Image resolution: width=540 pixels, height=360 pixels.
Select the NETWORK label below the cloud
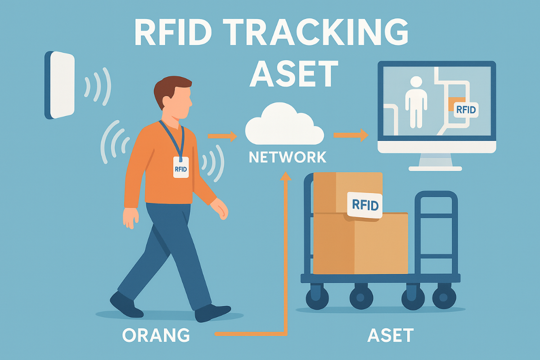(288, 157)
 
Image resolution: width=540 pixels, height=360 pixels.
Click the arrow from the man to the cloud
(222, 135)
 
